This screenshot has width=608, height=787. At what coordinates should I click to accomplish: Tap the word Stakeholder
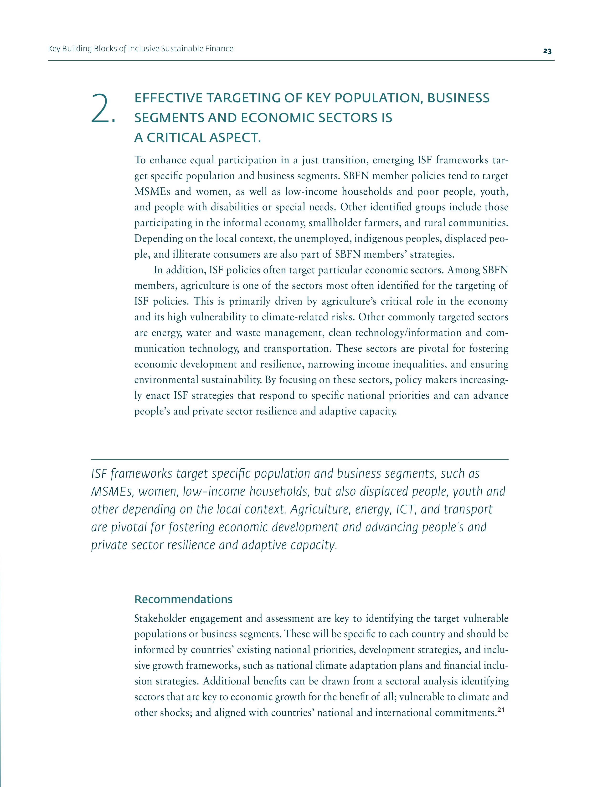[159, 619]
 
